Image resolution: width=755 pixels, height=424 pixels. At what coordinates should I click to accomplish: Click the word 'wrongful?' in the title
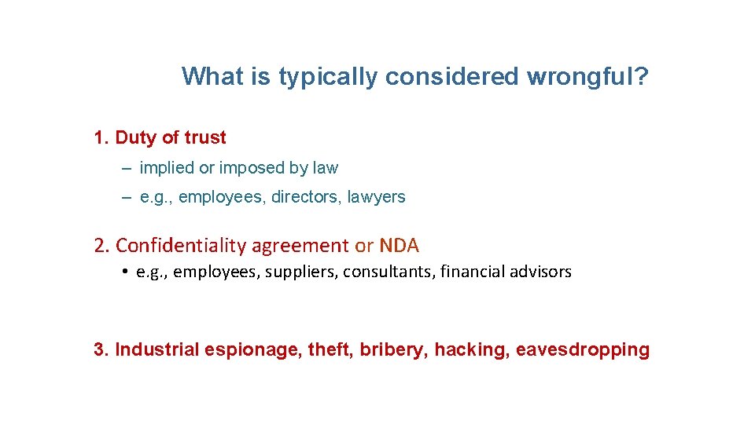tap(588, 77)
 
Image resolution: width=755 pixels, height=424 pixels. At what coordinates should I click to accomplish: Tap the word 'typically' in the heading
tap(327, 77)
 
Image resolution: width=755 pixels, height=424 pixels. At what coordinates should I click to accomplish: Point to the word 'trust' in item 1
tap(205, 138)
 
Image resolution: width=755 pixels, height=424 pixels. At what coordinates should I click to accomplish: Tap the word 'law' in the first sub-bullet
tap(325, 168)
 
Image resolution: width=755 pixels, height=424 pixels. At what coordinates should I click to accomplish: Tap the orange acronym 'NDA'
tap(400, 246)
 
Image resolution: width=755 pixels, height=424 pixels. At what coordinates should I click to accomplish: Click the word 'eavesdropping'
tap(583, 350)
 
